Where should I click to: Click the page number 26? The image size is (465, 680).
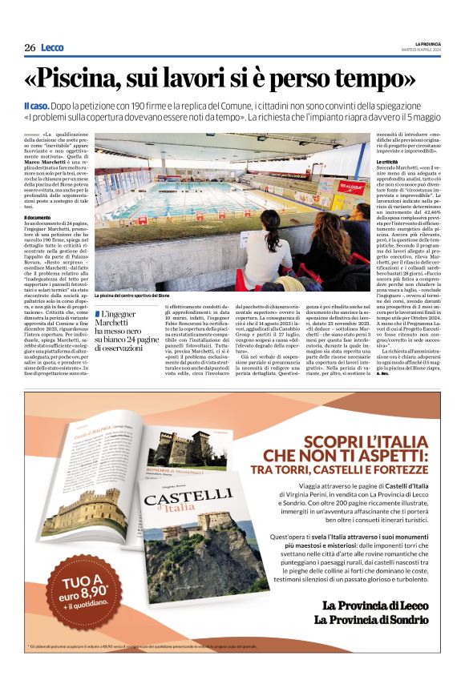click(x=30, y=48)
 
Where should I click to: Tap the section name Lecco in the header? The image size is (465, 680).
click(x=52, y=48)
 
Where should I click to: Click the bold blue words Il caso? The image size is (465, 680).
click(x=38, y=106)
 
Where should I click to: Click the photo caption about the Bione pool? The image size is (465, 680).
click(x=133, y=296)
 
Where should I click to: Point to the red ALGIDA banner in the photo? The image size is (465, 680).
click(x=352, y=188)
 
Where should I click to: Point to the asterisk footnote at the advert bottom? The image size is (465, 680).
click(x=160, y=645)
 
